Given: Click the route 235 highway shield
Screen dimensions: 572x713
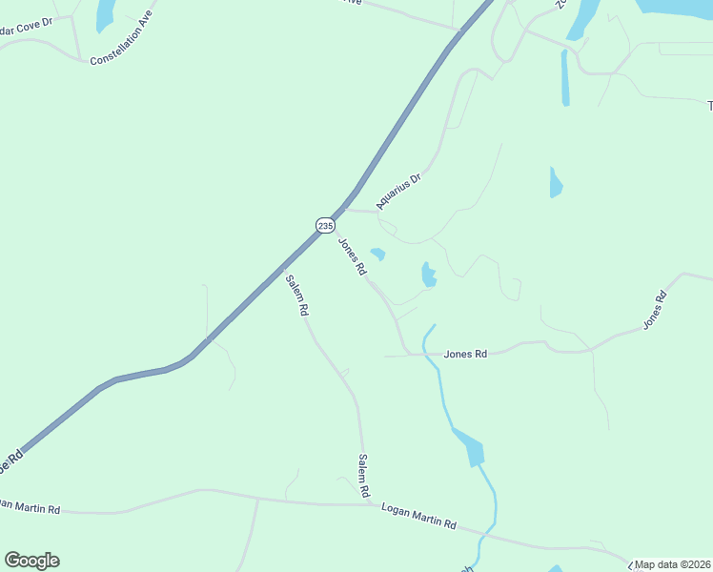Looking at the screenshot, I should (x=325, y=225).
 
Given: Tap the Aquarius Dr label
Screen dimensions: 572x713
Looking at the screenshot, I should (x=398, y=191).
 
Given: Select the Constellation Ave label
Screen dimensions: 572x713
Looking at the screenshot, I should (x=121, y=47).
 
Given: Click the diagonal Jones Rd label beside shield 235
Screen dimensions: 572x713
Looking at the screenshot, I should (x=353, y=256).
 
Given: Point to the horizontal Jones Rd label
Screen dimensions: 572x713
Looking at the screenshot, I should (x=465, y=354).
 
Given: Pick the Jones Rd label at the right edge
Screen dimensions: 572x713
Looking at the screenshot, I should (x=655, y=311).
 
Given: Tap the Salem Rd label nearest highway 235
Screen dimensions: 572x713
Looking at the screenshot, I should (x=297, y=295).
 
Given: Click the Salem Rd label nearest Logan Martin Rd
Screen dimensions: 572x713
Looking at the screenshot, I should (x=364, y=476).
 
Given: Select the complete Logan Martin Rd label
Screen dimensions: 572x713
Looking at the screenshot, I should (x=418, y=519).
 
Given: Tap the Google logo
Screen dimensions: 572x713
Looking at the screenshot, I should (x=31, y=561).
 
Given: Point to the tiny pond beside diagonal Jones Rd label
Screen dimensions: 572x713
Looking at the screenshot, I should (x=378, y=255).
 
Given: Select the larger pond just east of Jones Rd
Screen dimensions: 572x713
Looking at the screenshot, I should (x=428, y=275).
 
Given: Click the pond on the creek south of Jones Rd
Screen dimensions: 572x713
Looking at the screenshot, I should (x=470, y=447).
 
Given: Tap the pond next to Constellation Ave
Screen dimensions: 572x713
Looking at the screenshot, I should (x=104, y=13).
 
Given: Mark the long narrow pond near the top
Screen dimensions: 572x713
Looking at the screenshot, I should (x=565, y=78).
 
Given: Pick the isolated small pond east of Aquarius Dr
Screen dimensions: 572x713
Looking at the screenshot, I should (x=556, y=182).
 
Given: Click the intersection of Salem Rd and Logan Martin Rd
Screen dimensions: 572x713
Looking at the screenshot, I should (x=366, y=504).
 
